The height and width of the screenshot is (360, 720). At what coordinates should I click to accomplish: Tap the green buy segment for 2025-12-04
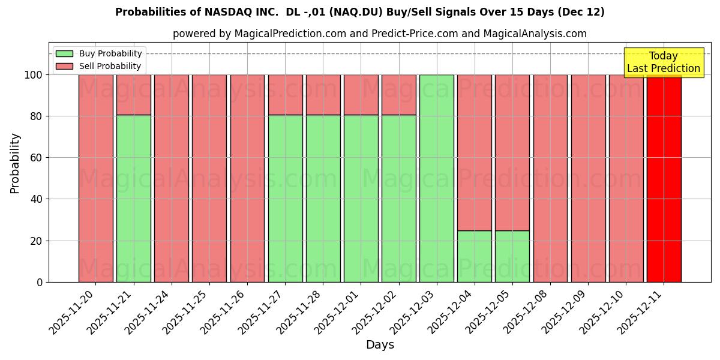point(474,256)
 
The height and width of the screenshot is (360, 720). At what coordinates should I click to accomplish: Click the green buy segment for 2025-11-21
point(133,198)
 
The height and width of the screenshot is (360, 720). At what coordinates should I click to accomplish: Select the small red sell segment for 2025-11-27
point(285,95)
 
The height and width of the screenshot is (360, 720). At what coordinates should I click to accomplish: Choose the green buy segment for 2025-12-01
point(361,198)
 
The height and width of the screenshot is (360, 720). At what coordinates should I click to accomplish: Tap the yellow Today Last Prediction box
point(663,62)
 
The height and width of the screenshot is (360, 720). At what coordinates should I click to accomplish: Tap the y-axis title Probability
point(15,163)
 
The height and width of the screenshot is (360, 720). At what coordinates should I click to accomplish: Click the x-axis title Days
point(380,345)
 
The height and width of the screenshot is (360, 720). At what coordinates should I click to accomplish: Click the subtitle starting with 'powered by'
point(380,34)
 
